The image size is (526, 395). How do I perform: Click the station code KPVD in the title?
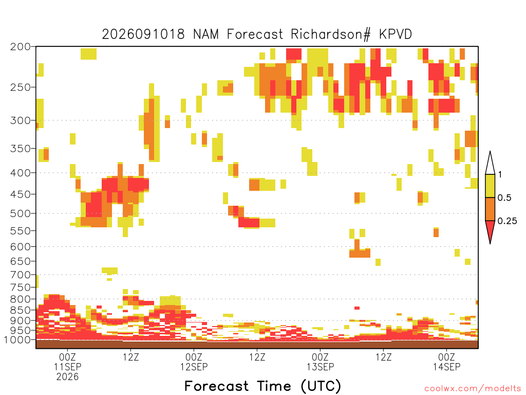pos(396,34)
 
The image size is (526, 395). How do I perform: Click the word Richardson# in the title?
pos(330,34)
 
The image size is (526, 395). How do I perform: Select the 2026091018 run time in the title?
pos(143,34)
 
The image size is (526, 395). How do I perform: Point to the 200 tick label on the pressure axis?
pos(20,47)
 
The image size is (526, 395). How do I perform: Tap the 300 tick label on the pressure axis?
pos(20,120)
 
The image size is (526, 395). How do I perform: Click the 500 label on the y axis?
pos(20,213)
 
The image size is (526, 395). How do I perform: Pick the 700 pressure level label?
pos(20,275)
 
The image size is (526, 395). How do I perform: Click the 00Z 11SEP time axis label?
pos(67,362)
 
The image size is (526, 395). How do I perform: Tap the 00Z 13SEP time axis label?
pos(321,362)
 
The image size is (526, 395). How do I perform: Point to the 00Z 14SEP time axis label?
pos(446,362)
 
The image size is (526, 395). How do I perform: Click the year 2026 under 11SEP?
pos(67,377)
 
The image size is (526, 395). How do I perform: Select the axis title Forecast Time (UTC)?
pos(262,386)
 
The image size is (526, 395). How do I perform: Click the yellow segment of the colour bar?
pos(490,186)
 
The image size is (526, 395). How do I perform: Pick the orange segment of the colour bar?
pos(490,209)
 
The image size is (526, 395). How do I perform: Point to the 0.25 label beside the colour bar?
pos(507,221)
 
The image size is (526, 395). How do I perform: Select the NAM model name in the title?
pos(205,34)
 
